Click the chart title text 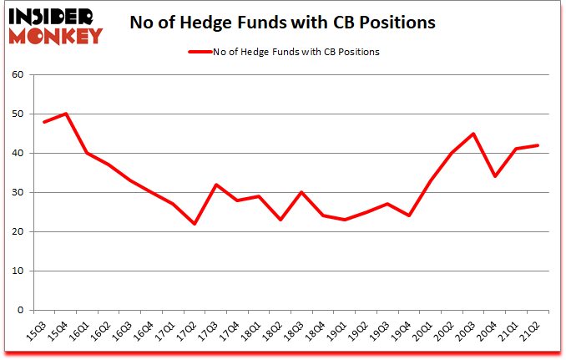pos(282,23)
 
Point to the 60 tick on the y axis pos(18,75)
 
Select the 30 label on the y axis pos(18,193)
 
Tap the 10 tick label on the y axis pos(18,271)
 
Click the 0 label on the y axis pos(21,311)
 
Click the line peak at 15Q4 pos(65,114)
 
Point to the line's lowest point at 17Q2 pos(194,224)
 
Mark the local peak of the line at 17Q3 pos(215,185)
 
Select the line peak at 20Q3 pos(473,134)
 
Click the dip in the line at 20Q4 pos(495,176)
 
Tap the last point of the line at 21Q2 pos(538,145)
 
